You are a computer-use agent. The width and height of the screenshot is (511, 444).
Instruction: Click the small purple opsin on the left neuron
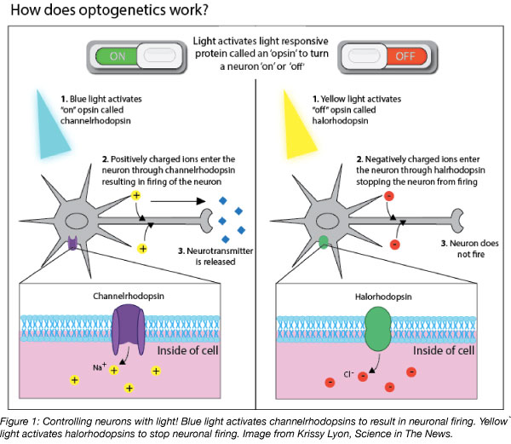tap(74, 244)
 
